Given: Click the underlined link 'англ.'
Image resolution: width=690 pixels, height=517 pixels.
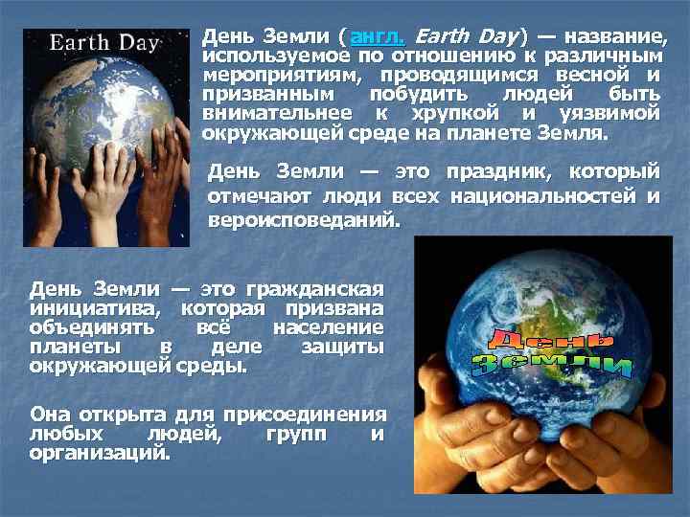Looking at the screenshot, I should tap(378, 36).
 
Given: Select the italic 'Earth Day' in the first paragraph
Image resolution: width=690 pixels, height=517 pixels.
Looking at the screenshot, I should tap(467, 36).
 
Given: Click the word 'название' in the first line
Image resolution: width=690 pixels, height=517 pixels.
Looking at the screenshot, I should tap(613, 36).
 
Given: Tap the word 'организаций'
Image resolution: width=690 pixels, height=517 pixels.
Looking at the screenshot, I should tap(100, 453).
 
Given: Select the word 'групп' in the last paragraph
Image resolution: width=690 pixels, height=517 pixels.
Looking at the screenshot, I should tap(289, 434).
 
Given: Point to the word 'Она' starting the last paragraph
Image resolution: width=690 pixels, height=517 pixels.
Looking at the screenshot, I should tap(51, 415).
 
